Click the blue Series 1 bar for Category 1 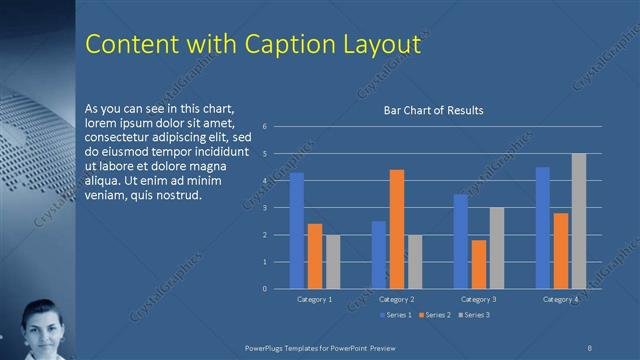[297, 231]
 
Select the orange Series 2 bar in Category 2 [397, 229]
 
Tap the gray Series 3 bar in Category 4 [579, 221]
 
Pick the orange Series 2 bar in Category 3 [479, 264]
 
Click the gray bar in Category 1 [333, 262]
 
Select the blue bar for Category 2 [379, 255]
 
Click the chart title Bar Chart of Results [434, 110]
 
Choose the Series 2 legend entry [435, 315]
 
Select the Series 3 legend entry [475, 315]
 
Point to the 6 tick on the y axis [264, 127]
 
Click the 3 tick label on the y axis [264, 208]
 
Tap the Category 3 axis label [479, 300]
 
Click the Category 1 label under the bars [315, 300]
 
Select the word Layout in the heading [377, 46]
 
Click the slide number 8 [590, 347]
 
